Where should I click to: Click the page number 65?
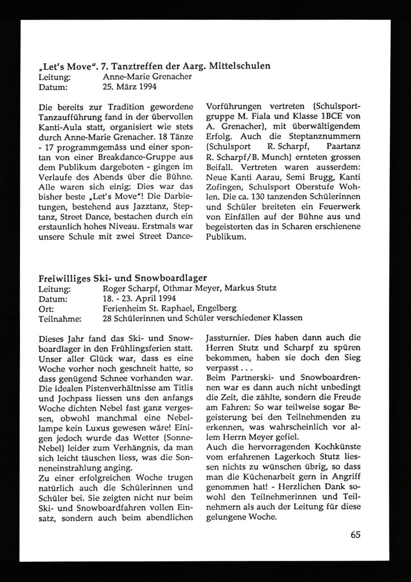356,535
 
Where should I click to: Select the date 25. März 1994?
129,87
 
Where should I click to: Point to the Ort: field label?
46,308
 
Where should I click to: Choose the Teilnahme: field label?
60,318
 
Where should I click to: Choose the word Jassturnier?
227,338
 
